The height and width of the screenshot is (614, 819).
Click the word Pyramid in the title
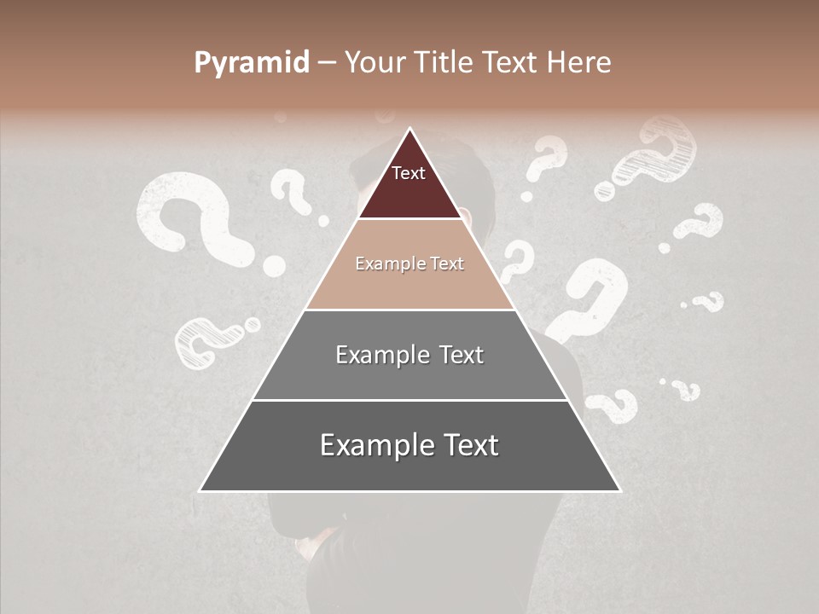point(251,62)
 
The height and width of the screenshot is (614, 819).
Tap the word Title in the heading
point(445,62)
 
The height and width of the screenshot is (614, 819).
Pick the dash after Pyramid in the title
point(326,63)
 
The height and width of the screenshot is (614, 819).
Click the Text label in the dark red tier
point(409,173)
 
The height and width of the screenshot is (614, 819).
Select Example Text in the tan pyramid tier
point(409,264)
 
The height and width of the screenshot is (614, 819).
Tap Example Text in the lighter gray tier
point(409,355)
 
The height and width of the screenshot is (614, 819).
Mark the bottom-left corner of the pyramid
point(200,490)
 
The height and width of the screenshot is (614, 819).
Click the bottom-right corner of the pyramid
point(619,490)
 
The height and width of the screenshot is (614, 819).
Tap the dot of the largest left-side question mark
point(273,266)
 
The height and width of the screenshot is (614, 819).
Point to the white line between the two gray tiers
point(409,400)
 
